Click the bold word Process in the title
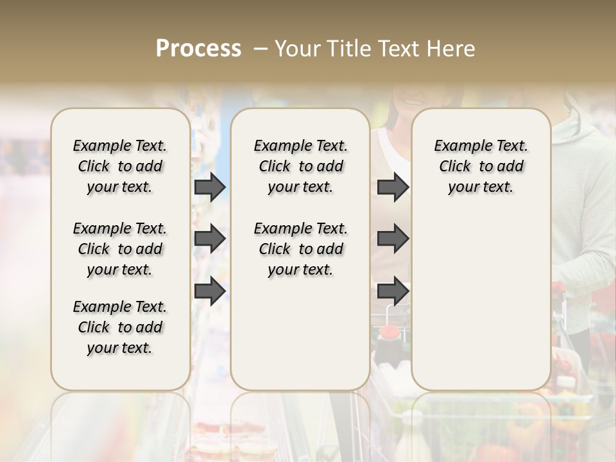(198, 49)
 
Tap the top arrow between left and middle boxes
(209, 187)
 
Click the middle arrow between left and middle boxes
(209, 239)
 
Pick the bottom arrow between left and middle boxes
(209, 291)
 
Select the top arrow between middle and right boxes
(393, 187)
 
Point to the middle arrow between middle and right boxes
(393, 239)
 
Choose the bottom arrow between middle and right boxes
(393, 291)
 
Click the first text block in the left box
(120, 166)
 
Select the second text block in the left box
(120, 249)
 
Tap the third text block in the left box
(120, 327)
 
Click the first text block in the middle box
(300, 166)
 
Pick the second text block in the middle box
(300, 249)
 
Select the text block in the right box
(481, 166)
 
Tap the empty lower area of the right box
(481, 295)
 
